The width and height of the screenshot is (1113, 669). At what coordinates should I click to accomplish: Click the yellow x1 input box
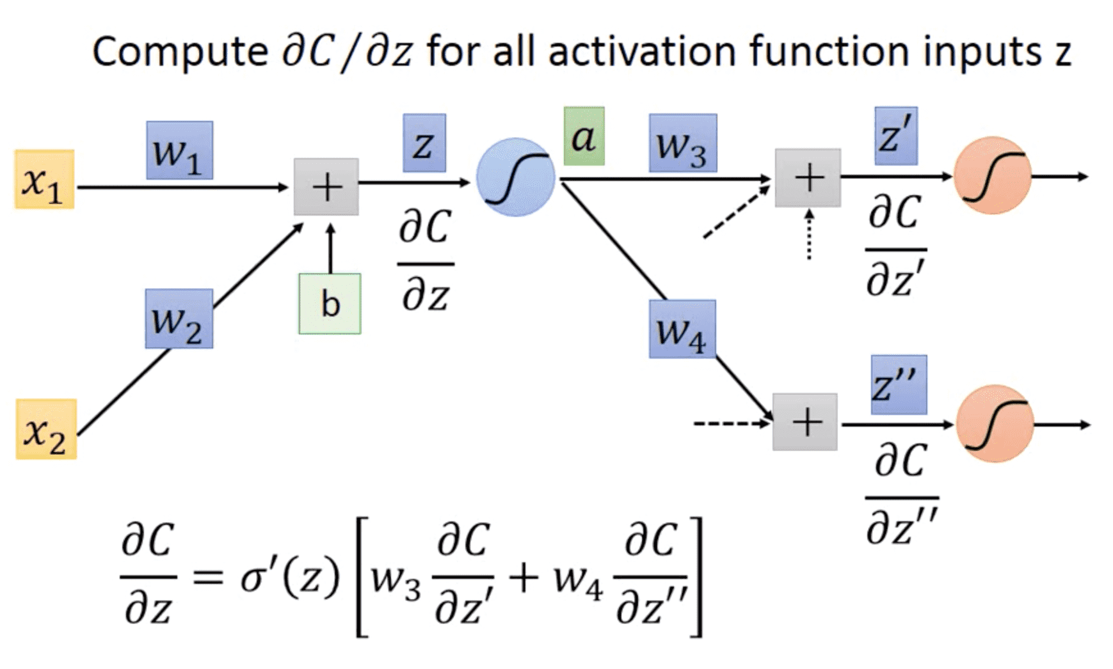44,180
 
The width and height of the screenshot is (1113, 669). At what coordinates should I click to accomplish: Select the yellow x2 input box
46,429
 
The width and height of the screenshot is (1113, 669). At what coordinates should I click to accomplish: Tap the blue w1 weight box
179,150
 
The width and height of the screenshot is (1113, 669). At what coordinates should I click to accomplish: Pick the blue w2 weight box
179,319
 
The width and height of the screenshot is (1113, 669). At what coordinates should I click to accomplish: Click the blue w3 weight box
682,143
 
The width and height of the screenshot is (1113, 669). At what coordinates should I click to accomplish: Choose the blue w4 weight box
682,329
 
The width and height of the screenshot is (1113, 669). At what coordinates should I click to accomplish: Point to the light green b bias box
330,304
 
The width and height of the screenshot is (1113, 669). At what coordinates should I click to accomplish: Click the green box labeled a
584,136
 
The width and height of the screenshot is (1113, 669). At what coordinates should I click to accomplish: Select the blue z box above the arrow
424,143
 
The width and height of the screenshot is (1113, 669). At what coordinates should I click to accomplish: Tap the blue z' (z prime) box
895,136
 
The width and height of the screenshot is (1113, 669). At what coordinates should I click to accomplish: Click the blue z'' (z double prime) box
898,384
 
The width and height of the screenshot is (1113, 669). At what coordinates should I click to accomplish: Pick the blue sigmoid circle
515,177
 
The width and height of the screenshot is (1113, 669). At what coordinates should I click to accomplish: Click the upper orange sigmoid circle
992,175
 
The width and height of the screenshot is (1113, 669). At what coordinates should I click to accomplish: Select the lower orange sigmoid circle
995,423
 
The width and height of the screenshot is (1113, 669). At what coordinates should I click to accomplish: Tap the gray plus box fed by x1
326,187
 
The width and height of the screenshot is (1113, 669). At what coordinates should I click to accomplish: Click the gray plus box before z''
805,422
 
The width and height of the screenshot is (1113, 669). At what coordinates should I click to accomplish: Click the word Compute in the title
180,51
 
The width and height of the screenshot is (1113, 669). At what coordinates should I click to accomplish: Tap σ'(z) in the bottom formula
289,578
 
